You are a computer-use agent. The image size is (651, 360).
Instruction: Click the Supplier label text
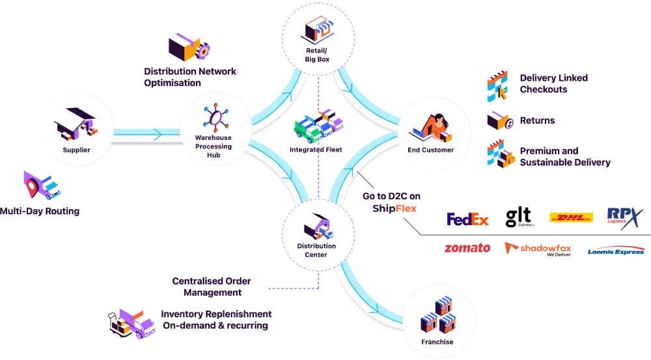click(76, 150)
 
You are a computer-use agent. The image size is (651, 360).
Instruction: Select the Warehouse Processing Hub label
click(213, 146)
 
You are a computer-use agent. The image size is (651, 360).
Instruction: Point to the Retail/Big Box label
click(317, 55)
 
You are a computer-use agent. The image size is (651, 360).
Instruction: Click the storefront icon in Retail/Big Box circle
click(317, 30)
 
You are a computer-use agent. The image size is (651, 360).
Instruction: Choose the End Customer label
click(430, 150)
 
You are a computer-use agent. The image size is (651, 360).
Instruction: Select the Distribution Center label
click(317, 250)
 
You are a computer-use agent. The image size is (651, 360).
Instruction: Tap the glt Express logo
click(519, 214)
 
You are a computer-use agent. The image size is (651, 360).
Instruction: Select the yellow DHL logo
click(570, 217)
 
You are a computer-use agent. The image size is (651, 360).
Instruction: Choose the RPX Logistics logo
click(624, 214)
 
